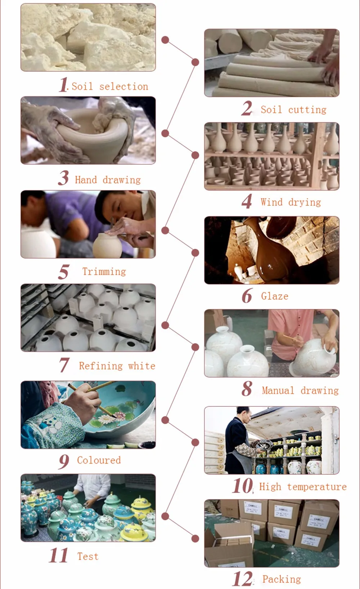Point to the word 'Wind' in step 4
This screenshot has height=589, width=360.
coord(272,202)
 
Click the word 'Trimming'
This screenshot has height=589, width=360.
coord(104,271)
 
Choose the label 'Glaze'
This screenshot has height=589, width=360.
coord(275,296)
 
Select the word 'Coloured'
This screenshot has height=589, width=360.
coord(99,460)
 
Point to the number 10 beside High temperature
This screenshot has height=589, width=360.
coord(243,485)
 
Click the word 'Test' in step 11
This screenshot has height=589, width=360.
coord(88,556)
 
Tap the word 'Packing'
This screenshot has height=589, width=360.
coord(282,579)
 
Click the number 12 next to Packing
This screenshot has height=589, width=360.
coord(243,579)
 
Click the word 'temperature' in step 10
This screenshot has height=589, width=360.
coord(317,487)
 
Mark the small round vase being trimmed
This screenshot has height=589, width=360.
coord(108,245)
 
